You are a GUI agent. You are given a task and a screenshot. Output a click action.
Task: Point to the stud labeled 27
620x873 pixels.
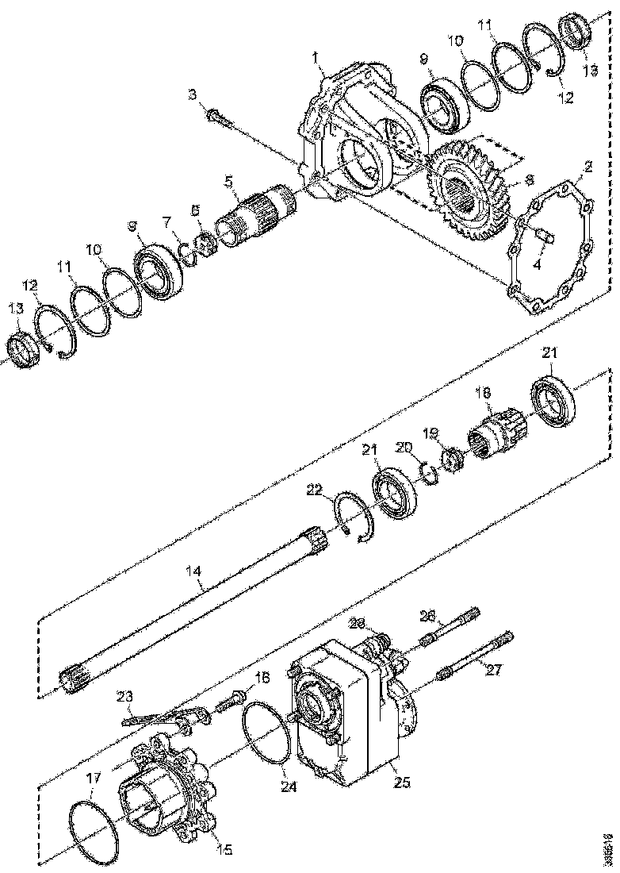click(476, 656)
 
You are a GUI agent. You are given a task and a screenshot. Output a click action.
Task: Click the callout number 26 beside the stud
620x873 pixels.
click(427, 615)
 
